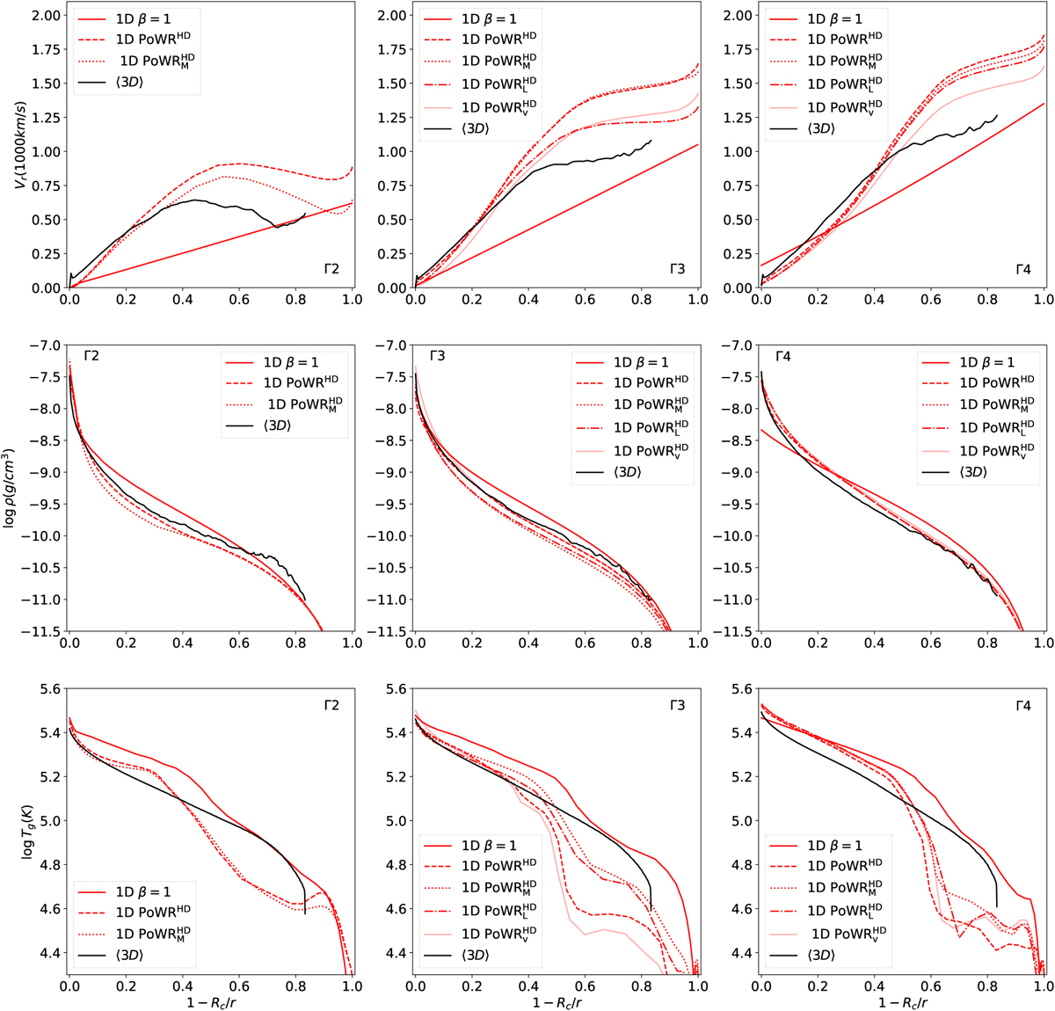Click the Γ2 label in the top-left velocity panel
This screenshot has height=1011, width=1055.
pyautogui.click(x=331, y=268)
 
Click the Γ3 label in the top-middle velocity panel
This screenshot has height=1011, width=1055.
pyautogui.click(x=677, y=268)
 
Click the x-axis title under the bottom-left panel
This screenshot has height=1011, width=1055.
pyautogui.click(x=210, y=1001)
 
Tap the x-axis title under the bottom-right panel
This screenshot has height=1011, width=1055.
pyautogui.click(x=902, y=1001)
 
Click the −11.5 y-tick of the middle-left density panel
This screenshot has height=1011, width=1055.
pyautogui.click(x=40, y=632)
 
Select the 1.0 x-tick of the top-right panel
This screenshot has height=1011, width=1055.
pyautogui.click(x=1044, y=300)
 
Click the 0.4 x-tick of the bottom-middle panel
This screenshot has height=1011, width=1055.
pyautogui.click(x=528, y=986)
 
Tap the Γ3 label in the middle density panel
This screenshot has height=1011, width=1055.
pyautogui.click(x=437, y=356)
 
